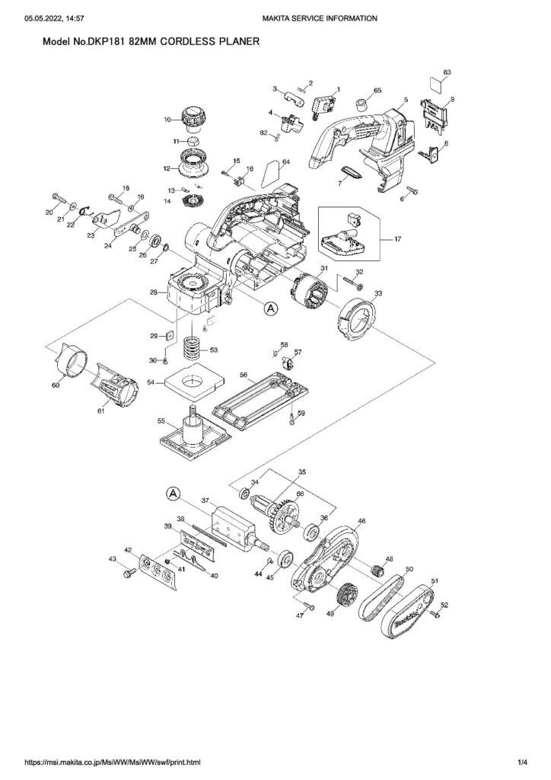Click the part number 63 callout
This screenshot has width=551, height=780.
pyautogui.click(x=447, y=72)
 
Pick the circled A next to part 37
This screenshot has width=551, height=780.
pyautogui.click(x=174, y=494)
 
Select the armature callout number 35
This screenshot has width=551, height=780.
pyautogui.click(x=301, y=472)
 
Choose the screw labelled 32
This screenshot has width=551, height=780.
pyautogui.click(x=354, y=286)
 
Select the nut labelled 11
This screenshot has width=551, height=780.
pyautogui.click(x=194, y=143)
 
